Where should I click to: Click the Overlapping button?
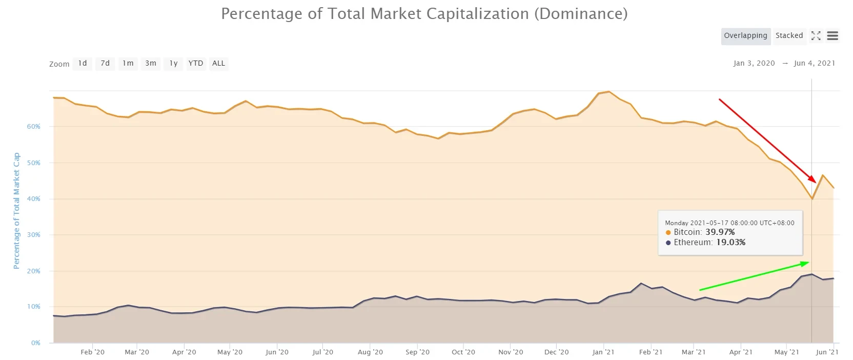[x=745, y=36]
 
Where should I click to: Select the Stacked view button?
[x=789, y=36]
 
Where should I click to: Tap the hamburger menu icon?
[x=832, y=36]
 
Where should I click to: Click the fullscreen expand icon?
[x=816, y=36]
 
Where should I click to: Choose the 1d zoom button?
[x=83, y=64]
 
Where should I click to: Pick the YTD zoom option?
[x=195, y=64]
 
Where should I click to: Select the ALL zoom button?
[x=218, y=64]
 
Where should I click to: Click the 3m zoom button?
[x=151, y=64]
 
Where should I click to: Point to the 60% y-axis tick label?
[x=33, y=127]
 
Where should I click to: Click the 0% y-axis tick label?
[x=35, y=343]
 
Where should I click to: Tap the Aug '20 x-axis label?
[x=370, y=352]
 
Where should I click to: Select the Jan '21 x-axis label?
[x=603, y=352]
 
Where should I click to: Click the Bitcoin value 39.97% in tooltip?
[x=720, y=232]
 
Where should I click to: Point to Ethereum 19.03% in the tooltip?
[x=730, y=243]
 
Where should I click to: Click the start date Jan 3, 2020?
[x=754, y=64]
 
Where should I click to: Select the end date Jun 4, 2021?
[x=814, y=64]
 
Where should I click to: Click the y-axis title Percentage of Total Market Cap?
[x=16, y=210]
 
